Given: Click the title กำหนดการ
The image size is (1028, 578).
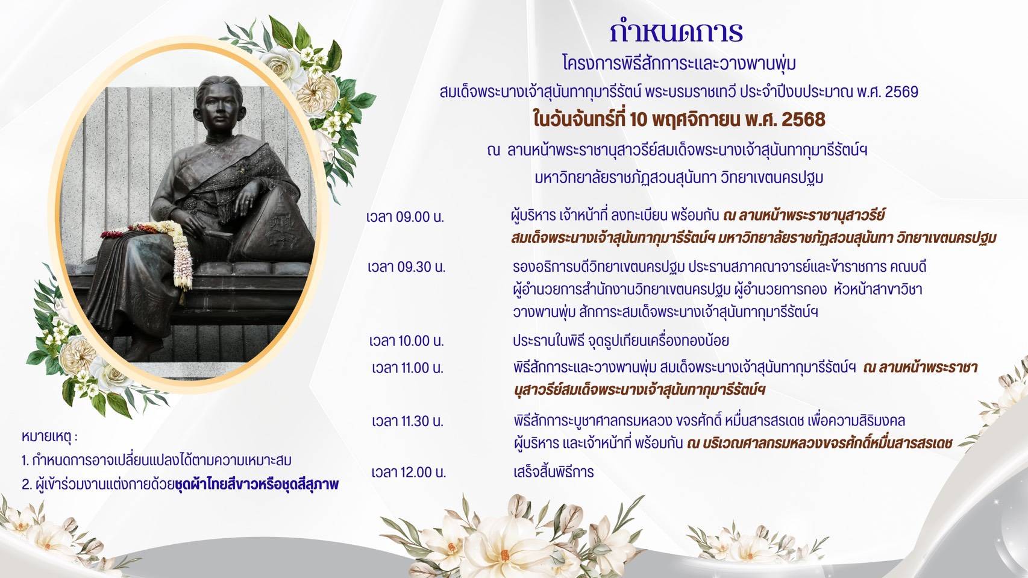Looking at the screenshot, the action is click(x=677, y=32).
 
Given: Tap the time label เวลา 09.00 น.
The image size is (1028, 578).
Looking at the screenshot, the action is click(x=405, y=217).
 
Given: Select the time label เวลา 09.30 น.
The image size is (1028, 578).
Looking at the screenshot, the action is click(x=407, y=267).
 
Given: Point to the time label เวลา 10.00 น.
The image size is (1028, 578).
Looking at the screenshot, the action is click(x=407, y=341).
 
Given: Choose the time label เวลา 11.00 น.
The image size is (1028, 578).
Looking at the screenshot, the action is click(x=407, y=368).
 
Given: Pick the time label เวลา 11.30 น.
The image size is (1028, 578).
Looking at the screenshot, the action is click(x=407, y=421).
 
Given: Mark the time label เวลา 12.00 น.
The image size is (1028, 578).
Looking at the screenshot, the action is click(x=409, y=472).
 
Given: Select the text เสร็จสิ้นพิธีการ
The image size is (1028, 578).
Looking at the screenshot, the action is click(x=553, y=472).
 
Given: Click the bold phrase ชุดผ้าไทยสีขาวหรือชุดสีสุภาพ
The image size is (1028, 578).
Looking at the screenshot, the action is click(x=257, y=485).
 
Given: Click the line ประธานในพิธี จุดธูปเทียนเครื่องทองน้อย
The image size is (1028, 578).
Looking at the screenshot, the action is click(x=621, y=341).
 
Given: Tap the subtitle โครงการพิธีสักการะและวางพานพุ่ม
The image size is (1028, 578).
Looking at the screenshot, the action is click(x=679, y=63).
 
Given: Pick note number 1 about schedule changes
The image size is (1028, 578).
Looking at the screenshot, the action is click(x=157, y=460).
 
